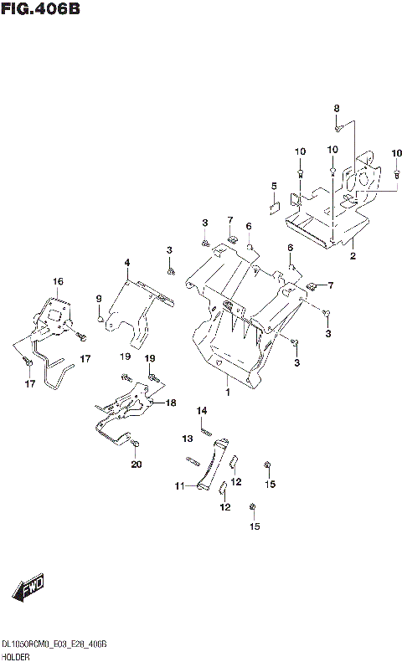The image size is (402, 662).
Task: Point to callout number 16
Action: point(58,282)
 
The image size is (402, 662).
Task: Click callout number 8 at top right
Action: point(337,109)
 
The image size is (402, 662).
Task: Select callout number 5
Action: point(273,186)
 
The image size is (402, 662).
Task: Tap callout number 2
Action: point(353,256)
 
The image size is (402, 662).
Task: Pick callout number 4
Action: point(126,264)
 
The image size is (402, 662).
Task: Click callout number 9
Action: point(98,299)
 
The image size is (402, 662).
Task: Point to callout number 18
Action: point(171,403)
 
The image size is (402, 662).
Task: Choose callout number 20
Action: point(137,464)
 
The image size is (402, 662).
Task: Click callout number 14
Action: point(201,410)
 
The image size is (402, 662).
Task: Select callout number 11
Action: point(178,485)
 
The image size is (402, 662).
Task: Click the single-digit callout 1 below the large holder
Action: point(227,392)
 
